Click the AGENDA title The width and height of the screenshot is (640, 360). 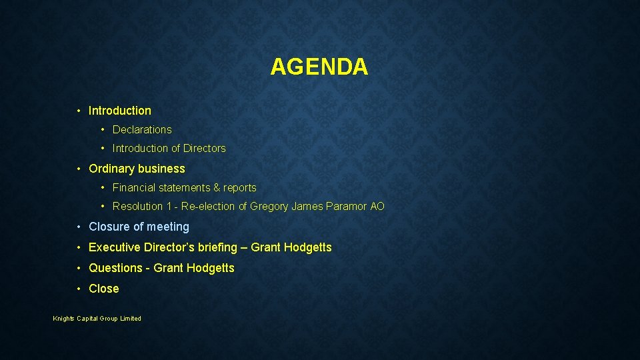click(x=319, y=67)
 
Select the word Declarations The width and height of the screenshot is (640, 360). click(x=142, y=130)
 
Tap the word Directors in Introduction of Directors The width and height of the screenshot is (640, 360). click(x=205, y=149)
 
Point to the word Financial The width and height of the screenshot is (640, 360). click(x=133, y=188)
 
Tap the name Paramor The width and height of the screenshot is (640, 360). click(x=347, y=207)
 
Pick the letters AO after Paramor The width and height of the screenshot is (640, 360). click(x=377, y=207)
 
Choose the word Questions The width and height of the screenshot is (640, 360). click(x=115, y=269)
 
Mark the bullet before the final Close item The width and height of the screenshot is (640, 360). click(x=79, y=289)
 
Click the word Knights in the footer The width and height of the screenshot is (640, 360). click(x=64, y=319)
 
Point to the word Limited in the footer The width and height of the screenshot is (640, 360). click(x=131, y=319)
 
